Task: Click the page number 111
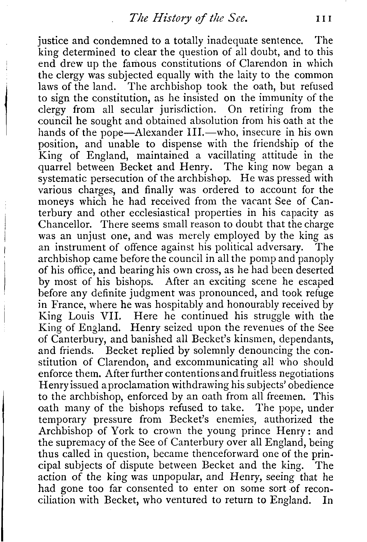[324, 19]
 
